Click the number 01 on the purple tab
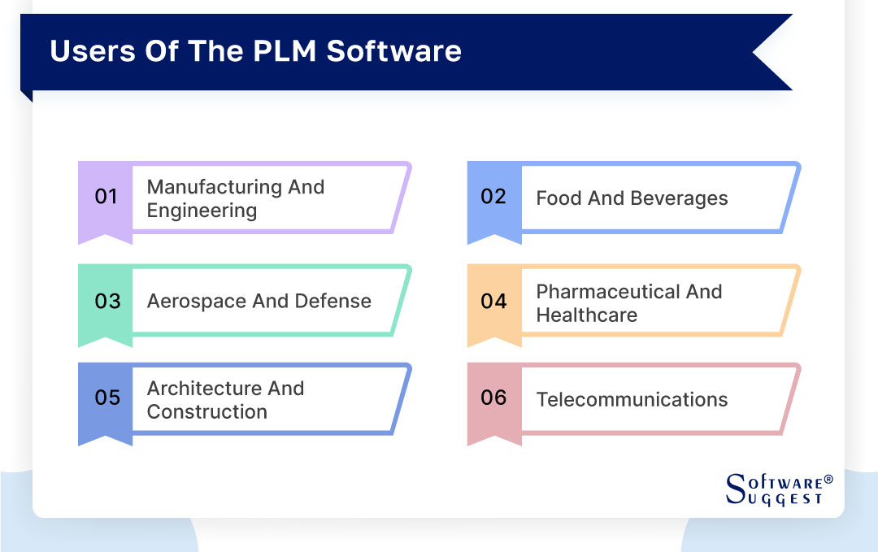[106, 197]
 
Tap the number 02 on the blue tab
[493, 197]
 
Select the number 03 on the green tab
[107, 301]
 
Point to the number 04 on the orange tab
[493, 301]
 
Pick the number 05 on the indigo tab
[107, 398]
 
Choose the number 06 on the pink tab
[493, 398]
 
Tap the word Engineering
[202, 211]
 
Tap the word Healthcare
[586, 315]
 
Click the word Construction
[206, 411]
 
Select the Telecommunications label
[632, 399]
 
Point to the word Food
[559, 198]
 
